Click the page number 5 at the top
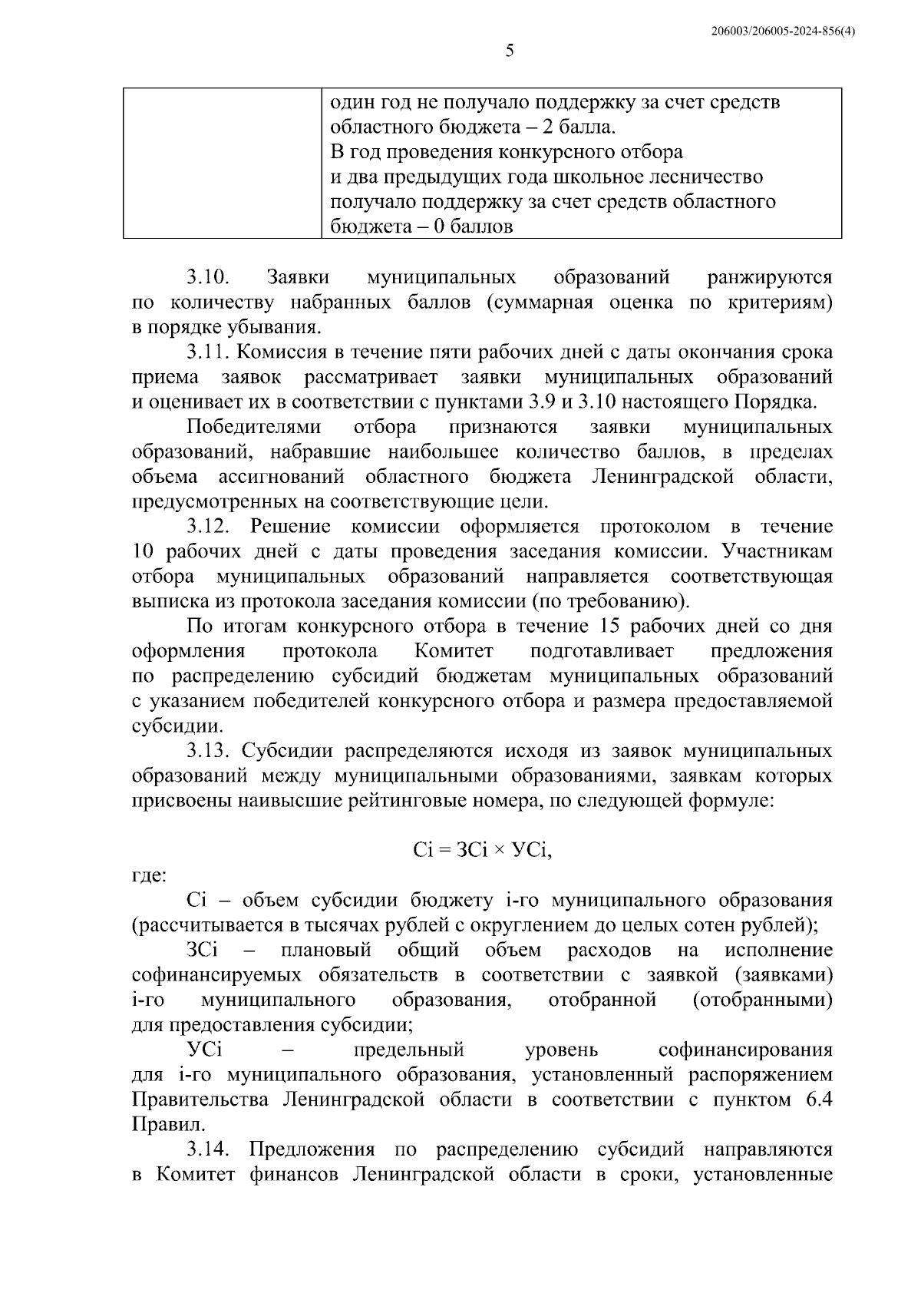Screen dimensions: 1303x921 (510, 51)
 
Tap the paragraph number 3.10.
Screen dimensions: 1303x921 (208, 276)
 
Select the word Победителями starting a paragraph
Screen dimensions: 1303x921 (254, 427)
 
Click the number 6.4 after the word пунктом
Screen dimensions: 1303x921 (819, 1100)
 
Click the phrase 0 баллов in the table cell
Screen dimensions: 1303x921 (467, 227)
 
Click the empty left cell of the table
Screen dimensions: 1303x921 (223, 164)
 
